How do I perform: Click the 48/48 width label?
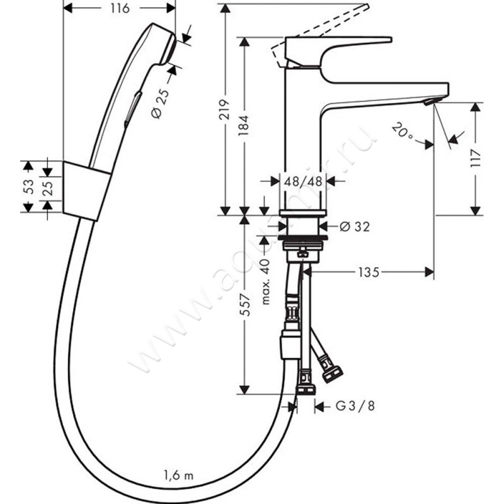tap(303, 181)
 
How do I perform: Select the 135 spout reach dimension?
tap(369, 272)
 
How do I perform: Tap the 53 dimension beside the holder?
tap(26, 186)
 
